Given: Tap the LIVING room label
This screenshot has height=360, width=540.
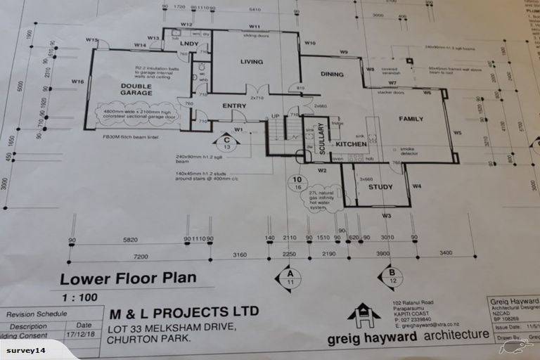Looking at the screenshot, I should tap(251, 62).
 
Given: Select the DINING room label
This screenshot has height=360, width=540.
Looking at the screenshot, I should tap(332, 74).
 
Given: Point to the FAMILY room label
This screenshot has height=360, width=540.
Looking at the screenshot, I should tap(411, 119).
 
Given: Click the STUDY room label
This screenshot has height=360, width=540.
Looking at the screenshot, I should tap(380, 187).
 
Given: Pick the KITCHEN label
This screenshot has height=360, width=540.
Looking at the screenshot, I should tap(352, 144).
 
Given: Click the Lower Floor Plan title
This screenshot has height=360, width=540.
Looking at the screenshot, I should tap(127, 278).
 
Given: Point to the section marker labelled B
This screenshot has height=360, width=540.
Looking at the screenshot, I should tap(390, 276).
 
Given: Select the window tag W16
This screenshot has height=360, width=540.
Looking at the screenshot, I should tap(77, 82).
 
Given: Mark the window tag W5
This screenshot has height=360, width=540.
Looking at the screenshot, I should tap(456, 132).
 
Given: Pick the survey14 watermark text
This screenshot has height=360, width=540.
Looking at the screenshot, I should tap(25, 350).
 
